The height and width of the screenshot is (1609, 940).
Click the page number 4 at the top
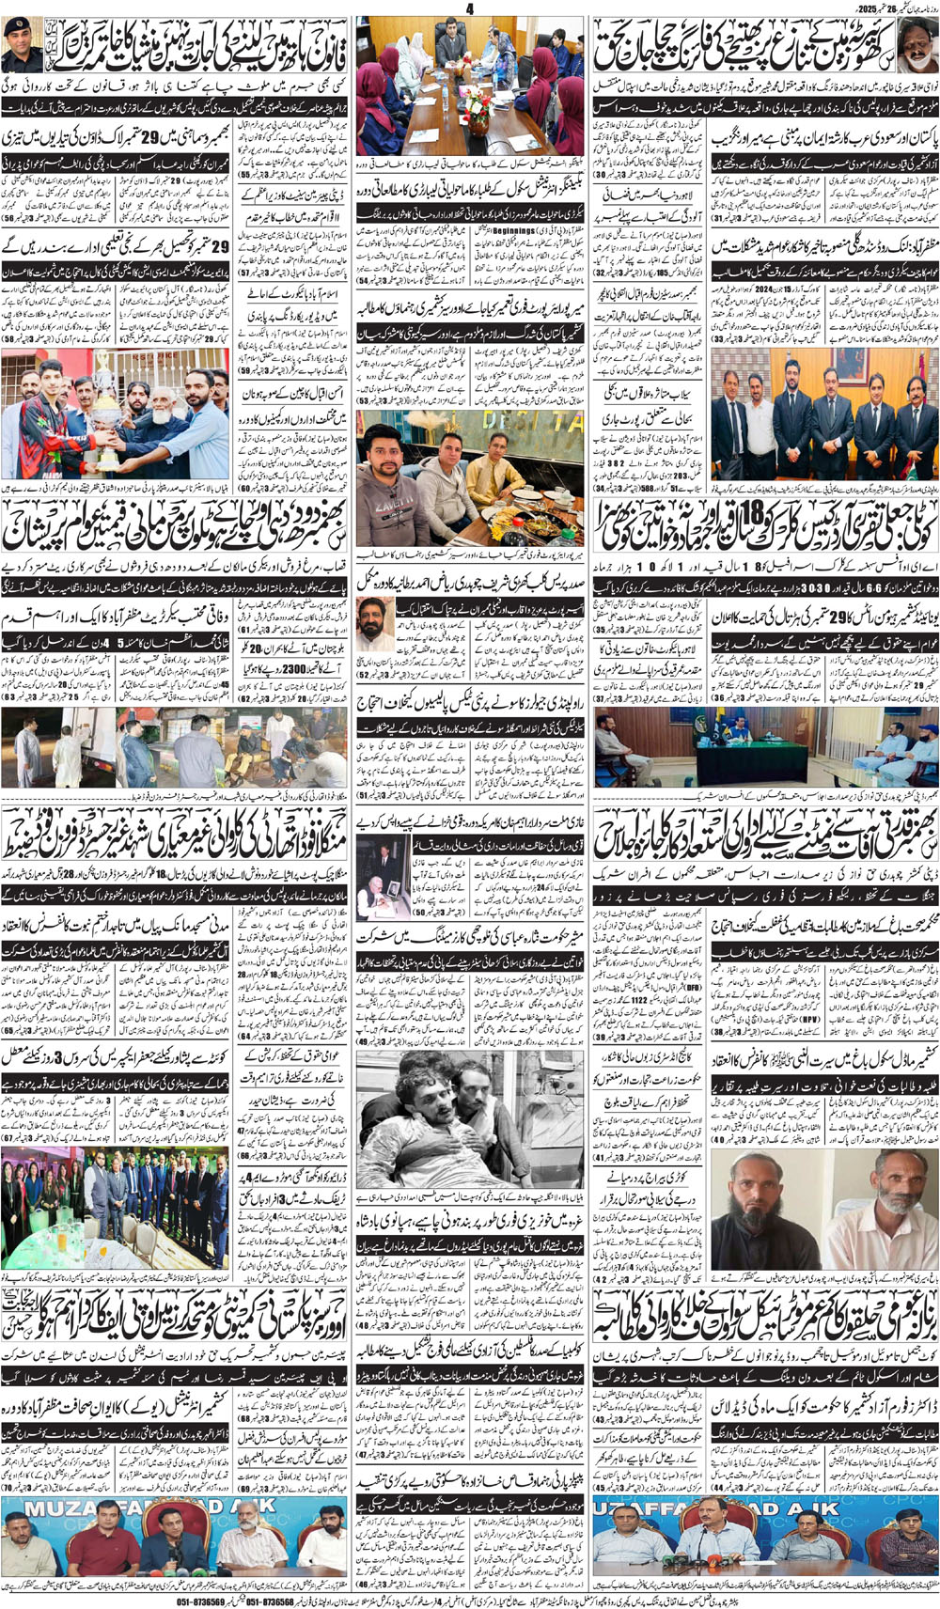(470, 8)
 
